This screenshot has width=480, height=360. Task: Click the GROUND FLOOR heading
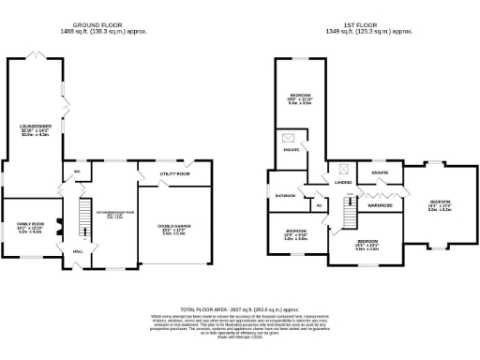tap(104, 24)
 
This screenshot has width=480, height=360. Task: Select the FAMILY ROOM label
tap(32, 224)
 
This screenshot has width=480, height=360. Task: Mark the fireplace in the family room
tap(57, 226)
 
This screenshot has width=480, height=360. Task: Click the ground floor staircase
tap(84, 216)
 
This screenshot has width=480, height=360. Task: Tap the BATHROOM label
tap(285, 195)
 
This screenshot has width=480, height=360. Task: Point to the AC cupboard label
tap(319, 204)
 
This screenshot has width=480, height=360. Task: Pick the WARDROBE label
tap(380, 203)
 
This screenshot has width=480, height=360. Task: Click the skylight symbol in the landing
tap(345, 170)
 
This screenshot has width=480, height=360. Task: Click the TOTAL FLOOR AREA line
tap(240, 307)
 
